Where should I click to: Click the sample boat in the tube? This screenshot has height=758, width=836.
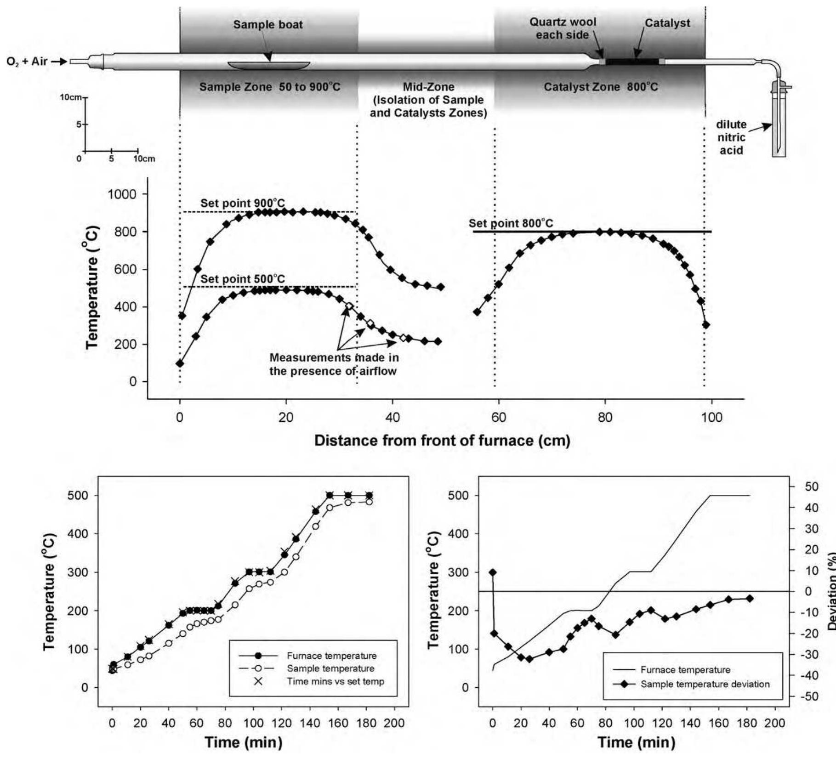(x=269, y=65)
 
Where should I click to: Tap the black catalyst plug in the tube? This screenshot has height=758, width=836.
(x=632, y=62)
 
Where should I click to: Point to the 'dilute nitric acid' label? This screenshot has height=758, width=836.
(x=731, y=137)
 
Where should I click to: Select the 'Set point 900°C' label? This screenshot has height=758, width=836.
(x=242, y=203)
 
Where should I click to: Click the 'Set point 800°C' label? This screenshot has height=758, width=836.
(x=511, y=224)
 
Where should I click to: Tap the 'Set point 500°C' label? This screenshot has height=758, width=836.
(x=242, y=279)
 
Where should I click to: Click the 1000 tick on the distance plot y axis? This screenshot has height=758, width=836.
(x=122, y=194)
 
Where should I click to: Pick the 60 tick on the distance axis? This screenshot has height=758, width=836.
(x=499, y=418)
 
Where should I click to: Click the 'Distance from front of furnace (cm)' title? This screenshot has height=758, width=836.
(x=442, y=441)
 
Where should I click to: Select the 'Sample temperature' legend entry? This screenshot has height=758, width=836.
(x=330, y=668)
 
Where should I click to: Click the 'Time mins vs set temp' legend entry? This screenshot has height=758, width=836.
(x=335, y=681)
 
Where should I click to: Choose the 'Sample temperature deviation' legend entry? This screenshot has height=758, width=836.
(x=705, y=684)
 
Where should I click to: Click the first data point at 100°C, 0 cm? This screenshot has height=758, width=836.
(x=180, y=363)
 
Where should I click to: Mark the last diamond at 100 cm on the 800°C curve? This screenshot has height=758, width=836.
(x=706, y=325)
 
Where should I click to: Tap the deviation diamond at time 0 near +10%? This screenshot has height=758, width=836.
(x=493, y=572)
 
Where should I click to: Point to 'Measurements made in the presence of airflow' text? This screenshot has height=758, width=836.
(x=334, y=364)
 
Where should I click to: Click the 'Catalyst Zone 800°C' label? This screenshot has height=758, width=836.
(x=601, y=87)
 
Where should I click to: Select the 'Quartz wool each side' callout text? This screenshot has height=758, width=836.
(x=563, y=28)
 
